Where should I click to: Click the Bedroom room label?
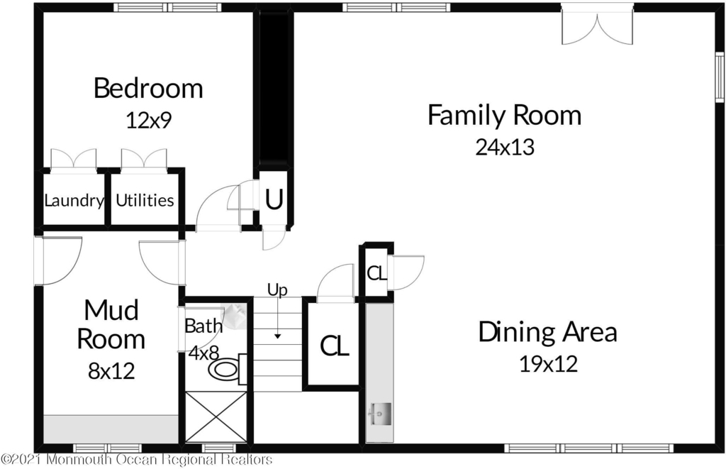click(x=148, y=88)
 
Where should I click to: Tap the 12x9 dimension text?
click(x=149, y=121)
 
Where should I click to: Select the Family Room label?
click(x=504, y=116)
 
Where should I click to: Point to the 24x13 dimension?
click(x=505, y=147)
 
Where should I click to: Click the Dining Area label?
click(x=548, y=332)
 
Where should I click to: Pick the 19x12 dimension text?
click(x=548, y=364)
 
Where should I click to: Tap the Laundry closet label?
click(x=74, y=201)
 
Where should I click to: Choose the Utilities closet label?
click(x=145, y=200)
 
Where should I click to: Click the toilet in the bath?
click(x=228, y=370)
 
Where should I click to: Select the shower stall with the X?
click(x=216, y=417)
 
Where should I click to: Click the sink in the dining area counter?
click(x=380, y=414)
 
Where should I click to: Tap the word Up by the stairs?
click(x=277, y=290)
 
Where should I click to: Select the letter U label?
click(x=274, y=200)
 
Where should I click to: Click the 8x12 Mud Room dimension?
click(x=111, y=371)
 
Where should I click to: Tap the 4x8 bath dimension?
click(x=203, y=353)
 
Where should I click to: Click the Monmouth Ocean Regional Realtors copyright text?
click(x=137, y=460)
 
